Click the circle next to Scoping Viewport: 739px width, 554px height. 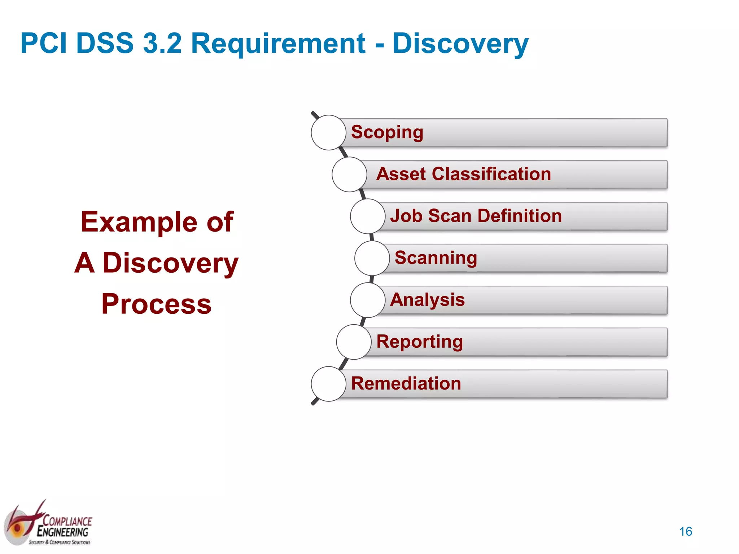[328, 132]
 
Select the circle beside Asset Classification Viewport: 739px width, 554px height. [349, 174]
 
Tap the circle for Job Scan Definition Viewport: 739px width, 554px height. [368, 216]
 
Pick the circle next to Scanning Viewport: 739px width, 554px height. [372, 258]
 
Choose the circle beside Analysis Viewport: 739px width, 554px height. [368, 300]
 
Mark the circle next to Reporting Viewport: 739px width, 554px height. [354, 342]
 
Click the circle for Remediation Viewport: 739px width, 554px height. [328, 383]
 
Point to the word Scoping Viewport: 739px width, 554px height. [387, 132]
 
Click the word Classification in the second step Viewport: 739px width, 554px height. [491, 174]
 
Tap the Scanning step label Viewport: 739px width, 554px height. [436, 258]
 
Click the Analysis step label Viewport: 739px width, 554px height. [427, 300]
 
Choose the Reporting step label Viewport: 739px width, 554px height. [419, 342]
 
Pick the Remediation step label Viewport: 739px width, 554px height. [406, 383]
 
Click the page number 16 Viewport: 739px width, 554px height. [685, 531]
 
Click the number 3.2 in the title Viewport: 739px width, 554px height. [162, 43]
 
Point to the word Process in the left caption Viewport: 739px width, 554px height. [156, 304]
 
